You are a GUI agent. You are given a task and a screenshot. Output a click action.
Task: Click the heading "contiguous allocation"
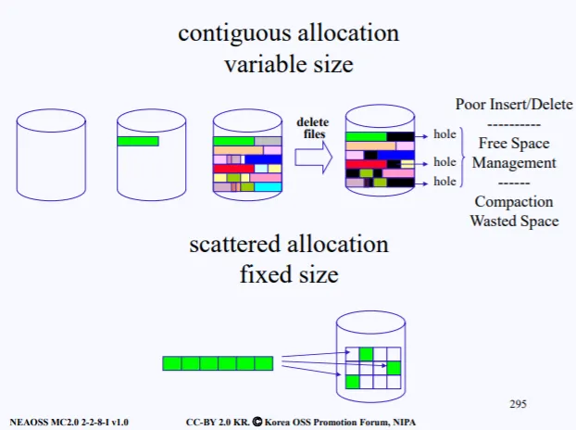point(288,33)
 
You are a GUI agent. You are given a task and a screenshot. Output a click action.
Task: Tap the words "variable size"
point(288,66)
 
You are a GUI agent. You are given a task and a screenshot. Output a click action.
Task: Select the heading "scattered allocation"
point(288,245)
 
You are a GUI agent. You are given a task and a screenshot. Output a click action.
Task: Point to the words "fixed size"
point(288,275)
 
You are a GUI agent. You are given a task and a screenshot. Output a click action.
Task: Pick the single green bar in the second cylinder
point(138,141)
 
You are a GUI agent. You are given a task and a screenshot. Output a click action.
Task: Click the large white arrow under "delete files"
point(315,158)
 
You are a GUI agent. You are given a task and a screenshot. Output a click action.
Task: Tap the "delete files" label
point(312,128)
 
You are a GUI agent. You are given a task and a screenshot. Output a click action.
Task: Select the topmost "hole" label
point(445,135)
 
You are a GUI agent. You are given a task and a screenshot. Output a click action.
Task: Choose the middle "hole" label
point(445,162)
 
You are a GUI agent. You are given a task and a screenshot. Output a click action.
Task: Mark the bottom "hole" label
point(445,183)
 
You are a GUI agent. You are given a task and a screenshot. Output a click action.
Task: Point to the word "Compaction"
point(513,202)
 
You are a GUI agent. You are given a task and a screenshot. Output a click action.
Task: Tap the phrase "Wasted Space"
point(513,221)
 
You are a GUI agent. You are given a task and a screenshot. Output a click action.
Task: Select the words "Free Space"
point(513,144)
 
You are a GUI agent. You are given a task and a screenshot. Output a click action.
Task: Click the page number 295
point(518,404)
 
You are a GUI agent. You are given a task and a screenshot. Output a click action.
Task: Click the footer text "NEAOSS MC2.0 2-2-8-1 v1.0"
point(69,421)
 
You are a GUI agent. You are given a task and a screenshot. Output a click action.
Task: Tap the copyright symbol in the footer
point(257,421)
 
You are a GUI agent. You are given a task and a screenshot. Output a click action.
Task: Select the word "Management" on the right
point(513,163)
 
